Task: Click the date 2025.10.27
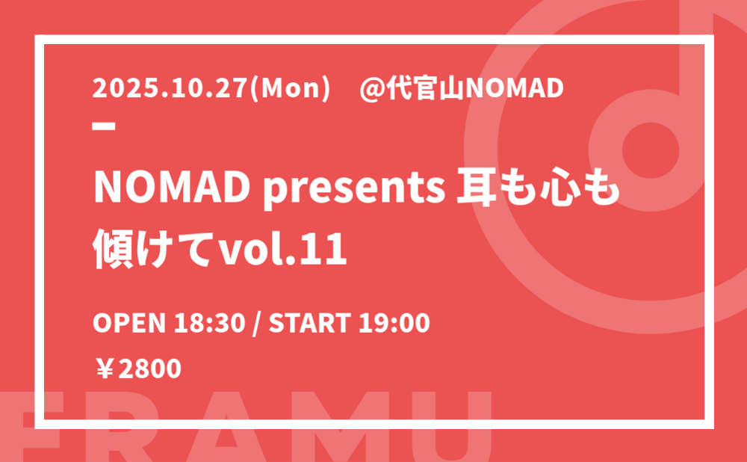click(170, 88)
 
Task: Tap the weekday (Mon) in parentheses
click(290, 89)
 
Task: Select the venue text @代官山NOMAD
click(462, 89)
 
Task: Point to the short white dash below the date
click(104, 126)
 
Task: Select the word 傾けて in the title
click(152, 249)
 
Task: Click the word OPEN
click(129, 323)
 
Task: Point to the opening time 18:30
click(209, 323)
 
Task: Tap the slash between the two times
click(257, 323)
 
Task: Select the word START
click(310, 323)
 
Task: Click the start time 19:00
click(394, 323)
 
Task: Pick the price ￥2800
click(138, 369)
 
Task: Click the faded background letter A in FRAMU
click(226, 427)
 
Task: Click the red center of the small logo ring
click(651, 150)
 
